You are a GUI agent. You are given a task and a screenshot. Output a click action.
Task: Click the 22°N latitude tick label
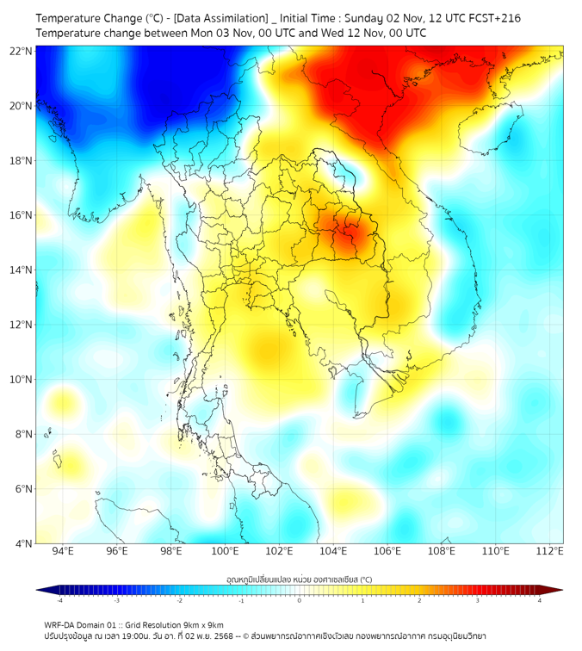click(x=22, y=51)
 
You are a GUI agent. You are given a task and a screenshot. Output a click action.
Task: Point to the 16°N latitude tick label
click(x=22, y=215)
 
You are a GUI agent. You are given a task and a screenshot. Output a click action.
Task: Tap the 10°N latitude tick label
click(x=22, y=380)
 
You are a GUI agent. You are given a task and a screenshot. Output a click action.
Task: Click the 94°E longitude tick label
click(x=63, y=551)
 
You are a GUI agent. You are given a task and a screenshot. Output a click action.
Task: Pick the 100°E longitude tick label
click(x=226, y=551)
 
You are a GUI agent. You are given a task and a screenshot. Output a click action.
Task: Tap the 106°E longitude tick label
click(x=387, y=551)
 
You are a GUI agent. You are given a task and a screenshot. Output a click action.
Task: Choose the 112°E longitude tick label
click(x=550, y=551)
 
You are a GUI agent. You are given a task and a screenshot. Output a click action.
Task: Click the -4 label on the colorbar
click(x=59, y=599)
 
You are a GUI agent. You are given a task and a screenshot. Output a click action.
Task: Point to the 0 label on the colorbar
click(x=300, y=599)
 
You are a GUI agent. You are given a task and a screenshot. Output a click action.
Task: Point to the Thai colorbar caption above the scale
click(x=299, y=580)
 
